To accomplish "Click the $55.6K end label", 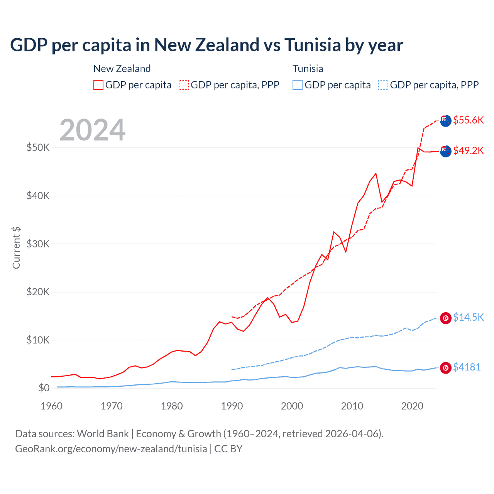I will tap(468, 120).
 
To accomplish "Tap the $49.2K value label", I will tap(468, 151).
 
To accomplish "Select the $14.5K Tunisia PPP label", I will tap(468, 317).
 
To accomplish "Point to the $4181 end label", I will tap(467, 367).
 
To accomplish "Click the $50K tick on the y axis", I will tap(38, 148).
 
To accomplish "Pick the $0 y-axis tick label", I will tap(44, 388).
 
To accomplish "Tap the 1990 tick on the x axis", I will tap(232, 406).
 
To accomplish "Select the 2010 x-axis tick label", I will tap(352, 406).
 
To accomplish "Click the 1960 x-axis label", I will tap(51, 406).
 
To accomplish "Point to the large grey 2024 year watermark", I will tap(93, 130).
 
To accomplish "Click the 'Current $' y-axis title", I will tap(16, 248).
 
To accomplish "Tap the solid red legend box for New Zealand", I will tap(98, 85).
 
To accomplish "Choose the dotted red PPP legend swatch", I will tap(184, 85).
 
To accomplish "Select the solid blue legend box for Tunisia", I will tap(298, 85).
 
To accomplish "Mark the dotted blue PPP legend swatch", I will tap(383, 85).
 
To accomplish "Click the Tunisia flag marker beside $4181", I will tap(446, 368).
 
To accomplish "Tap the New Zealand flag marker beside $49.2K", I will tap(446, 151).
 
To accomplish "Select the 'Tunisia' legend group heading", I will tap(308, 69).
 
